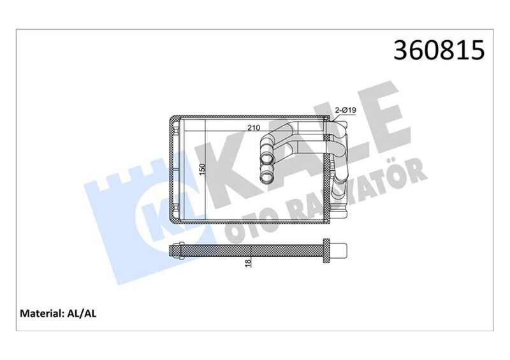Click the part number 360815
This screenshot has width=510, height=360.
click(x=440, y=50)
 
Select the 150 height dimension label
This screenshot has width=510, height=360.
click(x=203, y=169)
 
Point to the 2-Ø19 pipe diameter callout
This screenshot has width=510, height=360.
click(x=345, y=111)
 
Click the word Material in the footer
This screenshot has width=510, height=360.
click(x=41, y=313)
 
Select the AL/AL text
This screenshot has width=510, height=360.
click(x=82, y=313)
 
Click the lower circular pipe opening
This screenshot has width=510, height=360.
click(x=265, y=174)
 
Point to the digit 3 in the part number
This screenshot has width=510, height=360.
click(x=403, y=50)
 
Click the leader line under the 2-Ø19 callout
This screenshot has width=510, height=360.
click(x=331, y=116)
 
